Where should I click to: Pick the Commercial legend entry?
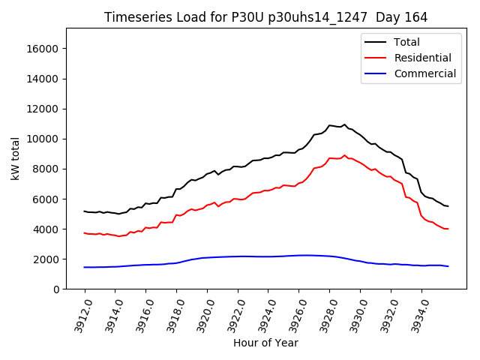(x=424, y=73)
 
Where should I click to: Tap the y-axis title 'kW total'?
(x=16, y=158)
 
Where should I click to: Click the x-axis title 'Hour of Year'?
(x=265, y=343)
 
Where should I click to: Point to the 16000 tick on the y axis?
(x=43, y=49)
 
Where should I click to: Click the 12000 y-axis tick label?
(x=43, y=109)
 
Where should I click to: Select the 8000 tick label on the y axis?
(x=46, y=169)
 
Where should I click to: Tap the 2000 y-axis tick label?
(x=46, y=259)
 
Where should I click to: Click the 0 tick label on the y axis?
(x=55, y=289)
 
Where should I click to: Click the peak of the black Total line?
(x=344, y=124)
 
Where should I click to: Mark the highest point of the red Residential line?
(x=344, y=155)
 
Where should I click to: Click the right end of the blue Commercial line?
(x=448, y=266)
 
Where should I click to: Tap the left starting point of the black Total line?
(x=85, y=211)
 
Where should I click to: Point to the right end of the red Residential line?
(x=448, y=229)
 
